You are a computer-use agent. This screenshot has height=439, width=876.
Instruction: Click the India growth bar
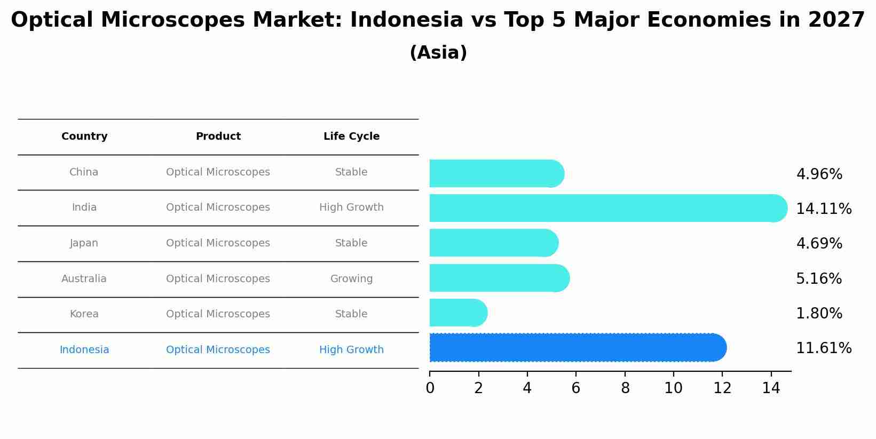[607, 208]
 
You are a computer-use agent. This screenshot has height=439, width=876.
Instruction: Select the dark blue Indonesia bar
[578, 348]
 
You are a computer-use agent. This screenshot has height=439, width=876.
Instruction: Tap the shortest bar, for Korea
[458, 313]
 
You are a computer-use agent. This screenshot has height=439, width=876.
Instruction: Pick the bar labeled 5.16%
[499, 278]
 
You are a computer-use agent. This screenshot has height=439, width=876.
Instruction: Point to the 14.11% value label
[824, 209]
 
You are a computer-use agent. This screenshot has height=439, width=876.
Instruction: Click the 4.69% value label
[819, 243]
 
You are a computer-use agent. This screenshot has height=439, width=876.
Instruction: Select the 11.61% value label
[824, 348]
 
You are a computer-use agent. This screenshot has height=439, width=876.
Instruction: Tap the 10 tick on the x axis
[674, 388]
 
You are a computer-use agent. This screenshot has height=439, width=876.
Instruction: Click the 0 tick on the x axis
[430, 388]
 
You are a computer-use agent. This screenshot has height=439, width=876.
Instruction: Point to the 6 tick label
[575, 388]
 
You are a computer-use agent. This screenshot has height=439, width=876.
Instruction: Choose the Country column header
[84, 137]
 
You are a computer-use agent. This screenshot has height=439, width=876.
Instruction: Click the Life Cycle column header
[351, 137]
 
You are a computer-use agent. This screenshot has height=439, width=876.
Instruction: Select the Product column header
[218, 137]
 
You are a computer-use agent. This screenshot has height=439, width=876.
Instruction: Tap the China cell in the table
[84, 172]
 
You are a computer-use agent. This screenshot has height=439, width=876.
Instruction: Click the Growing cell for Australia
[351, 278]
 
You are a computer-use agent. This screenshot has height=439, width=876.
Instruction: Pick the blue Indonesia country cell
[84, 350]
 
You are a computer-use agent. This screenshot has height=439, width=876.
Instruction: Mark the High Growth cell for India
[351, 207]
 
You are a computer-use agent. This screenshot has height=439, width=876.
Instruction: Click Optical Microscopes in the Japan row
[218, 243]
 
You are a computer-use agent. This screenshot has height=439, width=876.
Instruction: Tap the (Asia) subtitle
[438, 53]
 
